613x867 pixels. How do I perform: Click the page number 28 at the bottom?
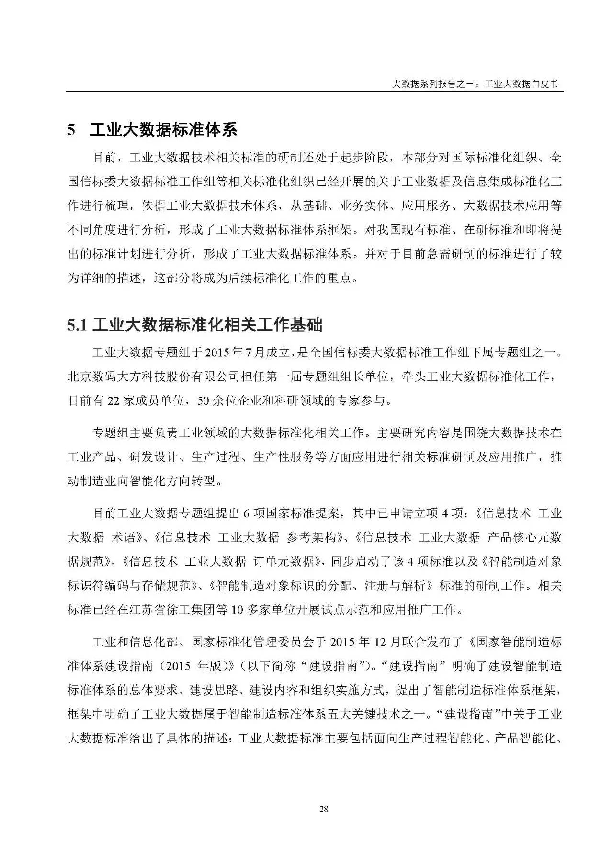click(x=323, y=809)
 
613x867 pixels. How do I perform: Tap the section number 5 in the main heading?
click(x=71, y=130)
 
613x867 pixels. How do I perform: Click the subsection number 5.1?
click(x=77, y=325)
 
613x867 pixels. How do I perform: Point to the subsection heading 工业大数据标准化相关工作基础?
click(x=207, y=325)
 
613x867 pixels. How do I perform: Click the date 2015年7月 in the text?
click(x=230, y=353)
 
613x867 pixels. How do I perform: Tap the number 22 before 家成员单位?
click(x=113, y=400)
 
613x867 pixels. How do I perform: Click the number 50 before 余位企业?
click(x=204, y=400)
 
